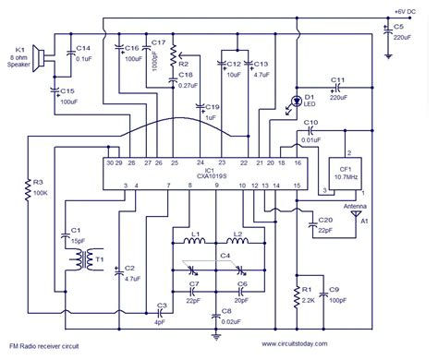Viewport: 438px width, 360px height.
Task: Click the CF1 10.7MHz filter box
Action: coord(347,172)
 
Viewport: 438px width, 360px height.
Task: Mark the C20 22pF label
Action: coord(324,222)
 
